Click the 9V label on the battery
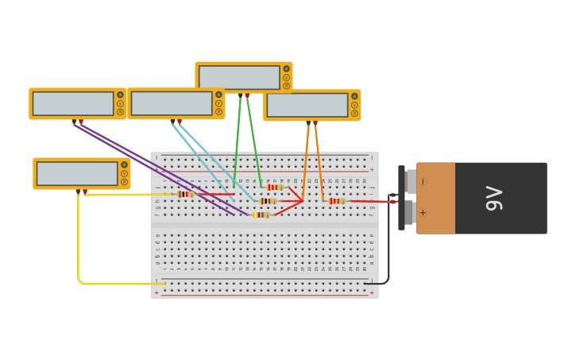[x=493, y=198]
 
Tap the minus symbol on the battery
[x=423, y=181]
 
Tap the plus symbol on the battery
[x=423, y=212]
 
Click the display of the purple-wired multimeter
[x=73, y=103]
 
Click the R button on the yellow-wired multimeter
[x=124, y=182]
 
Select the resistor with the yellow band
[x=261, y=215]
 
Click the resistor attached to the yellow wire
[x=186, y=194]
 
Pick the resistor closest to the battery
[x=337, y=201]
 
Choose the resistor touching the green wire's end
[x=275, y=188]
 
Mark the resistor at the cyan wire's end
[x=268, y=201]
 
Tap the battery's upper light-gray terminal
[x=411, y=181]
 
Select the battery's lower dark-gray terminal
[x=410, y=213]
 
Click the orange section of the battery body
[x=436, y=198]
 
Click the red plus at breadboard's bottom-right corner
[x=371, y=293]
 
